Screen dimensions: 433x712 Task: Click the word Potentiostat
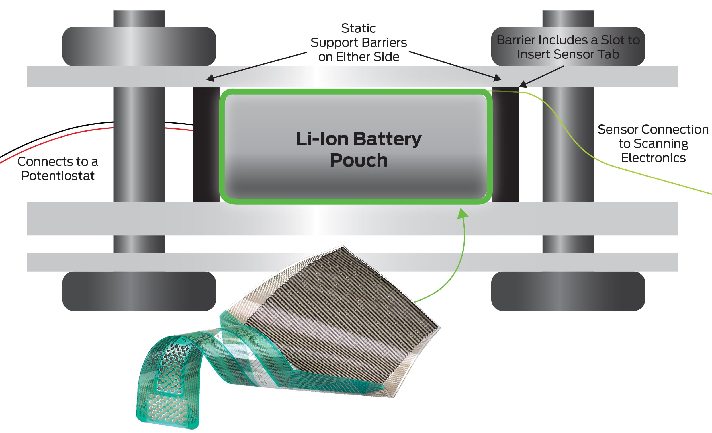(58, 176)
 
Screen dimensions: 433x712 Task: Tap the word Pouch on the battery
(359, 160)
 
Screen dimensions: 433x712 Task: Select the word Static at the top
(358, 28)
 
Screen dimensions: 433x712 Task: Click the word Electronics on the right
(653, 158)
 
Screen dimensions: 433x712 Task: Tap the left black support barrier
(206, 144)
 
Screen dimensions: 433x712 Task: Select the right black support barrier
(506, 144)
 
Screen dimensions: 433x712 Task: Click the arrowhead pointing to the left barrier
(210, 78)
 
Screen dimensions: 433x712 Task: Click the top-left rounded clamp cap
(139, 46)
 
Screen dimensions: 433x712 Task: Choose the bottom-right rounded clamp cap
(568, 291)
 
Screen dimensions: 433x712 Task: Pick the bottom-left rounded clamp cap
(139, 291)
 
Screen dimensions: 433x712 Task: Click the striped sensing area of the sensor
(341, 318)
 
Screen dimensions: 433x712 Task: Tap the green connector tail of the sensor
(167, 384)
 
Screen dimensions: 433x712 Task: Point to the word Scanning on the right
(653, 143)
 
